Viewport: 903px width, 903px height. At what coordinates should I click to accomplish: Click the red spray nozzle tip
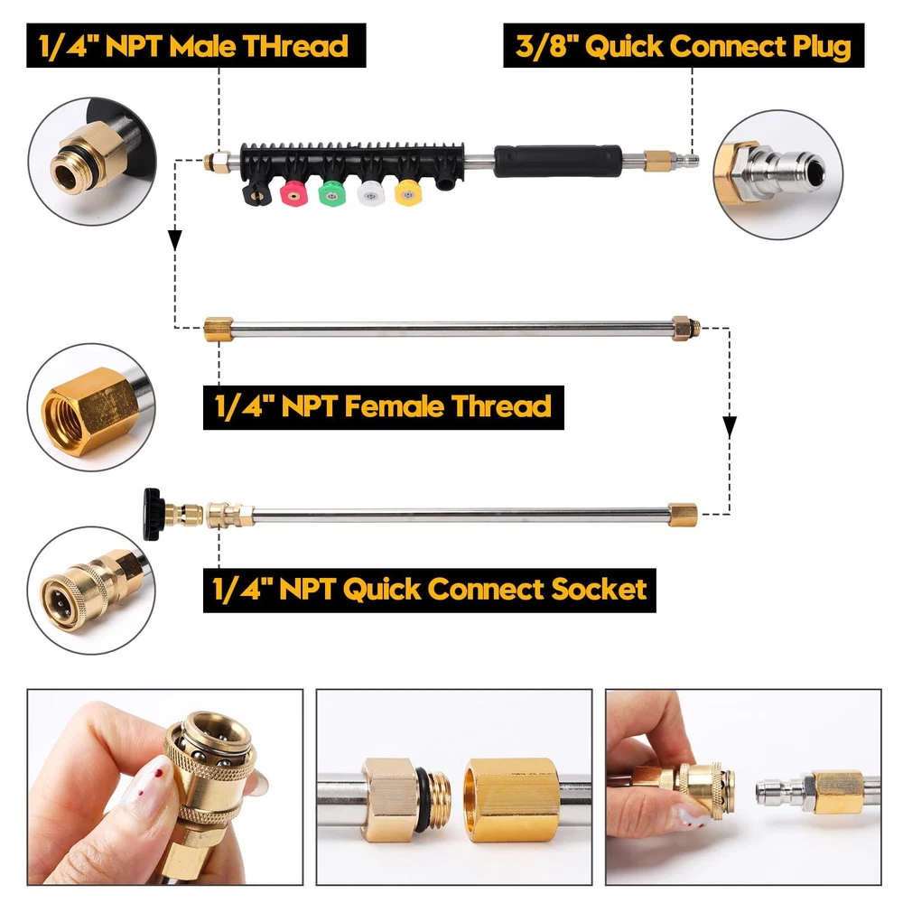(293, 193)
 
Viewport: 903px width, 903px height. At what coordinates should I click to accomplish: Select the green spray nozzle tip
(331, 193)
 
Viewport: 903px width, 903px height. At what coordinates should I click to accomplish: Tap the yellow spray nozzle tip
(408, 192)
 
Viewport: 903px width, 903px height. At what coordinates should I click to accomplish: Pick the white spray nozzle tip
(369, 193)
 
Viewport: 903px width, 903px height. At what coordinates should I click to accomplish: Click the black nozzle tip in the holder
(256, 193)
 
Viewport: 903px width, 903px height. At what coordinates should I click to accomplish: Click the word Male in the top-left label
(202, 46)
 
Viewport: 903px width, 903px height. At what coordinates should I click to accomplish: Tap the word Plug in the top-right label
(822, 47)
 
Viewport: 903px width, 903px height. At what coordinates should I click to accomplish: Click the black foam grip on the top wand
(557, 161)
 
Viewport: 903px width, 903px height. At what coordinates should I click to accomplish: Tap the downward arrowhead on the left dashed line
(175, 240)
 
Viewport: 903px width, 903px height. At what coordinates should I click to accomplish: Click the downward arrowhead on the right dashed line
(730, 427)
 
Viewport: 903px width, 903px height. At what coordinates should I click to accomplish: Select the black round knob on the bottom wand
(152, 515)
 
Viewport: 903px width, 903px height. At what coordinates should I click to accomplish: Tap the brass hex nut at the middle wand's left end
(219, 330)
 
